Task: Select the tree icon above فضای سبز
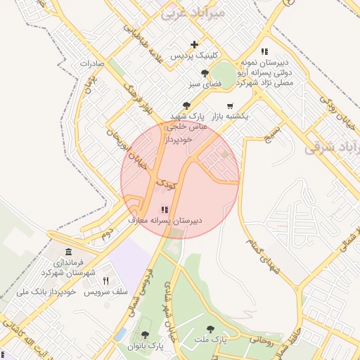pos(205,72)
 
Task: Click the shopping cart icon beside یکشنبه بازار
pos(230,106)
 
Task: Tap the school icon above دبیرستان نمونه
pos(264,51)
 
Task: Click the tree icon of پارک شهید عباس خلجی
pos(186,105)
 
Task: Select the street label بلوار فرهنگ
pos(139,100)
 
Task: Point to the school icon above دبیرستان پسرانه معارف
pos(165,210)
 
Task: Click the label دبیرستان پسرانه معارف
pos(165,220)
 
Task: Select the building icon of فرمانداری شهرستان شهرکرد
pos(68,252)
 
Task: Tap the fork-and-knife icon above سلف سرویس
pos(105,280)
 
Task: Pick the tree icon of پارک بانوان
pos(145,335)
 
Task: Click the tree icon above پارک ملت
pos(210,328)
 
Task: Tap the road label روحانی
pos(261,339)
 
